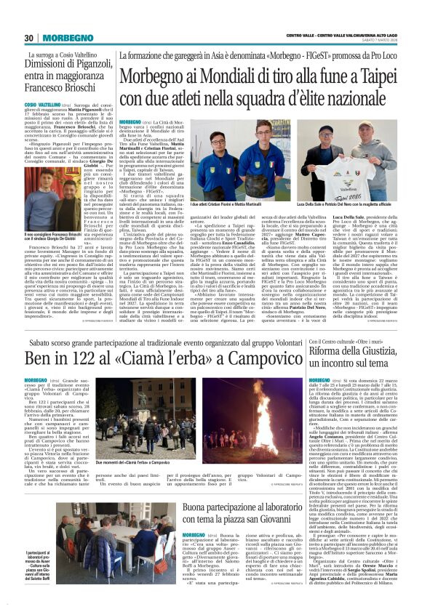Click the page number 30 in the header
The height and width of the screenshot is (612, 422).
(x=30, y=38)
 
